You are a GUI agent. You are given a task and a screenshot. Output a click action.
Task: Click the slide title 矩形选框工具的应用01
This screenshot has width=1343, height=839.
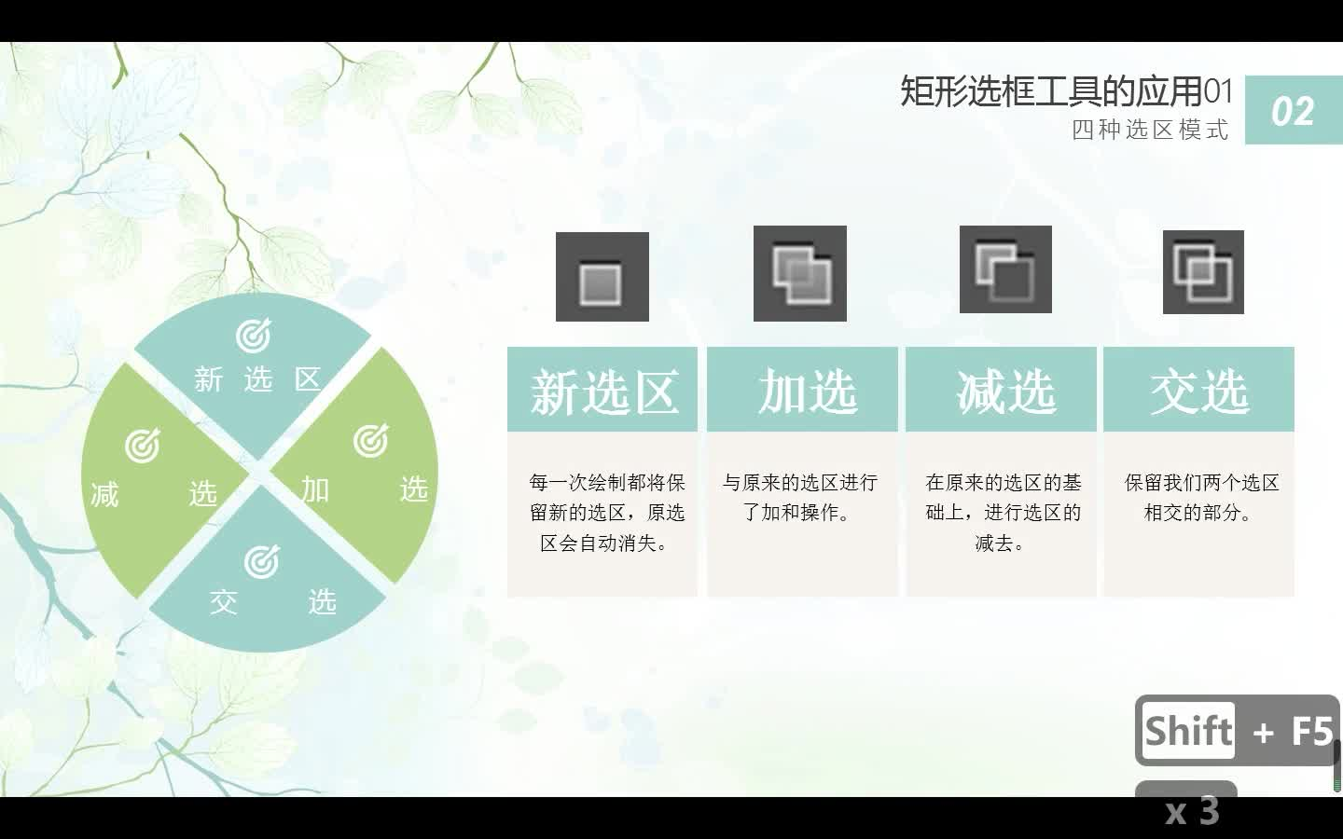pyautogui.click(x=1066, y=91)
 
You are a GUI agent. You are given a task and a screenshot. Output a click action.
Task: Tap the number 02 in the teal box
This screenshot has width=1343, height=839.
pyautogui.click(x=1293, y=112)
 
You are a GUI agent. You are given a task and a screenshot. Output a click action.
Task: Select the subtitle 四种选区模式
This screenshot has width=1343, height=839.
pyautogui.click(x=1150, y=130)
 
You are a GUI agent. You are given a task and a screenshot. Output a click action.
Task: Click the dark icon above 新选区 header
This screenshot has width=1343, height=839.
pyautogui.click(x=602, y=276)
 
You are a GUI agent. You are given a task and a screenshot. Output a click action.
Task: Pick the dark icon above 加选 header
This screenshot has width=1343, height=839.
pyautogui.click(x=800, y=273)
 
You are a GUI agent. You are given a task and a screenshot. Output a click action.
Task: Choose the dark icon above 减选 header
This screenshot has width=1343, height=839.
pyautogui.click(x=1005, y=269)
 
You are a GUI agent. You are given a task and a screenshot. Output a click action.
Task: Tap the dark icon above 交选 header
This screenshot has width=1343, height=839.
pyautogui.click(x=1203, y=271)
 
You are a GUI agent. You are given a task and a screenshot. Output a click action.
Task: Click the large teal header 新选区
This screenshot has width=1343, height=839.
pyautogui.click(x=604, y=392)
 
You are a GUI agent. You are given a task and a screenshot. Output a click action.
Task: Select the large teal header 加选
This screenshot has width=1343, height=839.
pyautogui.click(x=808, y=392)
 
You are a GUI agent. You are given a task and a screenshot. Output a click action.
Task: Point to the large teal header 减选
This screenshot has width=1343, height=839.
pyautogui.click(x=1006, y=392)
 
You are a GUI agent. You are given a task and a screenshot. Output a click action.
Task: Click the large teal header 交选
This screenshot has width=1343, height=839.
pyautogui.click(x=1199, y=392)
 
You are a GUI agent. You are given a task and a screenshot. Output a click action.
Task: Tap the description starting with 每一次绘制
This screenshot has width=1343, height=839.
pyautogui.click(x=606, y=513)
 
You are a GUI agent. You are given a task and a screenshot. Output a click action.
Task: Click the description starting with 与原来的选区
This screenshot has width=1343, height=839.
pyautogui.click(x=800, y=498)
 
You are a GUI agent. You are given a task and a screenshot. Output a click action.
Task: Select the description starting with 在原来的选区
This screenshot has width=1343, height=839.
pyautogui.click(x=1004, y=513)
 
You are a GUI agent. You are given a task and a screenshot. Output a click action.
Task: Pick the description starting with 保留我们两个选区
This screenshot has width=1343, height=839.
pyautogui.click(x=1201, y=498)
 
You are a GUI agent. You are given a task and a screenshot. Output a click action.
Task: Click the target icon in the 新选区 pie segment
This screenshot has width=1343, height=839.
pyautogui.click(x=253, y=336)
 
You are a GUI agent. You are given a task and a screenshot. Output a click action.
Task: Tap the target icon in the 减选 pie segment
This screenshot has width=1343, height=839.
pyautogui.click(x=143, y=446)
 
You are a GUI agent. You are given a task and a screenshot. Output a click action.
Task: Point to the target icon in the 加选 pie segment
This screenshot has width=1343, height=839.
pyautogui.click(x=370, y=441)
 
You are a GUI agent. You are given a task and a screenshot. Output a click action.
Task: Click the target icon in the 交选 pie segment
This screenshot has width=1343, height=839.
pyautogui.click(x=262, y=561)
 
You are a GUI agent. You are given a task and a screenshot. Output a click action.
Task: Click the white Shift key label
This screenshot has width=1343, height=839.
pyautogui.click(x=1188, y=731)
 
